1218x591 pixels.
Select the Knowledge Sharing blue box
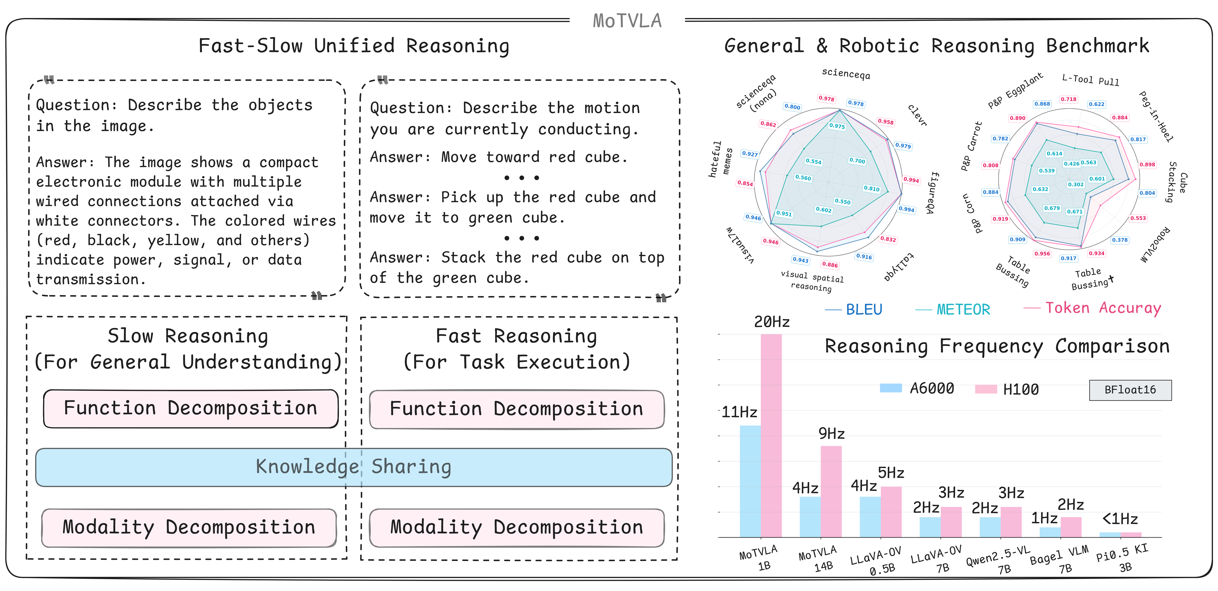pos(354,467)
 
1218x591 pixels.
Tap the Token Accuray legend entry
pos(1103,308)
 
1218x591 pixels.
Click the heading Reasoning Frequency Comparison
pos(997,347)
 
